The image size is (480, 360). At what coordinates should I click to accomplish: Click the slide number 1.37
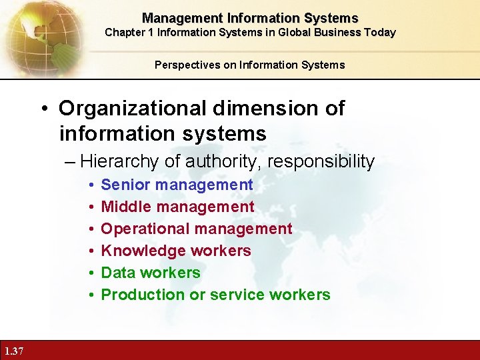[13, 351]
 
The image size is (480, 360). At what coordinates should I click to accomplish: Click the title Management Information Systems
[250, 18]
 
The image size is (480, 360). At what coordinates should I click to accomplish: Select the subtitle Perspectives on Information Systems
[250, 65]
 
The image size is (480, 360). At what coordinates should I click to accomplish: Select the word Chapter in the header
[125, 32]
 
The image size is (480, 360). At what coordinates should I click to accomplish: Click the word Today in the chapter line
[379, 32]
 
